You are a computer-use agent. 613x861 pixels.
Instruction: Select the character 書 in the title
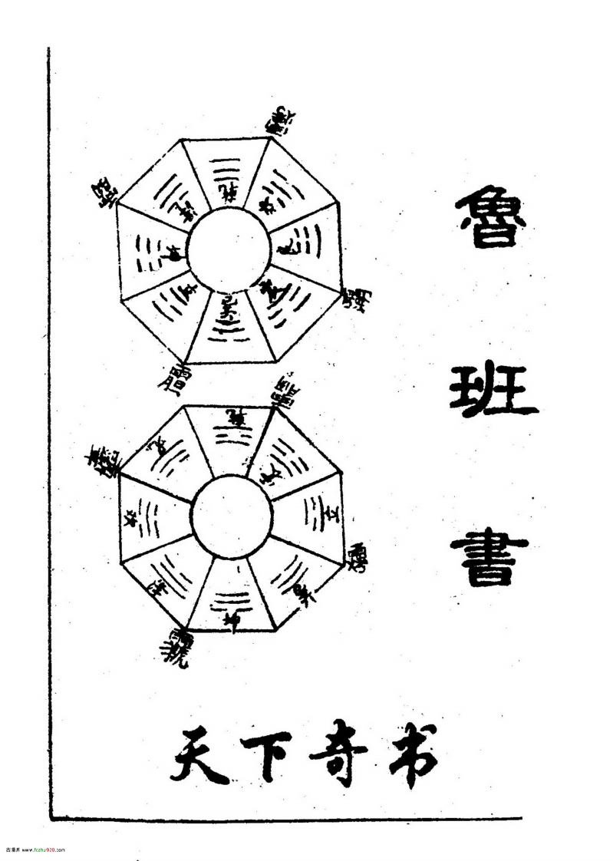[x=489, y=559]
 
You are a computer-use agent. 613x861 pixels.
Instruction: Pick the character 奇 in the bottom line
[x=338, y=754]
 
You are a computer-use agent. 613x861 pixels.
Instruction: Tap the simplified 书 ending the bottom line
[x=407, y=755]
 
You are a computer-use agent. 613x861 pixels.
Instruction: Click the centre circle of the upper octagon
[x=229, y=251]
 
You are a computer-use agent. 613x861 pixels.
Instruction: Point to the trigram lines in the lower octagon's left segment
[x=148, y=517]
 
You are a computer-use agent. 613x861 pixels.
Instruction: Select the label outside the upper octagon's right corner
[x=354, y=298]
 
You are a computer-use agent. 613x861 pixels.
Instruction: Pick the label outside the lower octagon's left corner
[x=101, y=460]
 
